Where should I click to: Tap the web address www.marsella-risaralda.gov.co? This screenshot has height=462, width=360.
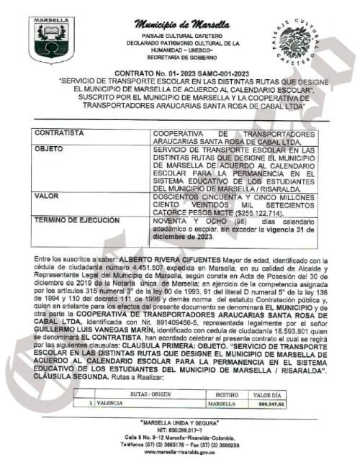[183, 455]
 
